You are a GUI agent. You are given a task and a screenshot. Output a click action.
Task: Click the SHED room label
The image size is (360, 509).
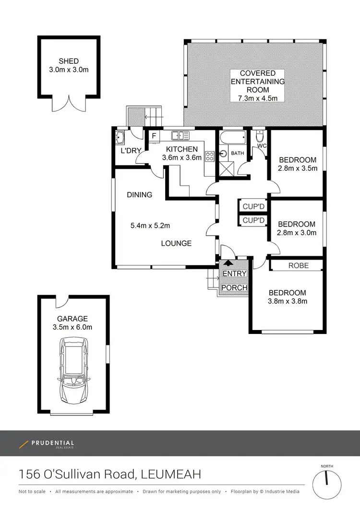click(69, 61)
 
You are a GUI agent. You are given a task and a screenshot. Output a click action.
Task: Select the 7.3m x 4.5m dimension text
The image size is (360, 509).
click(257, 98)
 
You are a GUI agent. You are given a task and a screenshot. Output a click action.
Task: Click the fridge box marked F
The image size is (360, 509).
click(154, 136)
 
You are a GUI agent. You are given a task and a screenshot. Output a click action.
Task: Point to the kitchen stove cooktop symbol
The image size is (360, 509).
click(209, 155)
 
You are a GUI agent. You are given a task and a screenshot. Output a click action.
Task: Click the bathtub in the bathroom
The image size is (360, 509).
click(232, 140)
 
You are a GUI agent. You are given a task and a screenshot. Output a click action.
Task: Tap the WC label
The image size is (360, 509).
click(262, 145)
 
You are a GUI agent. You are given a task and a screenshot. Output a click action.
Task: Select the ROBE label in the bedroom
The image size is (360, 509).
click(298, 265)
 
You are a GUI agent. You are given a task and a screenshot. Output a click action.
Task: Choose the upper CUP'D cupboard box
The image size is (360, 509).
click(253, 207)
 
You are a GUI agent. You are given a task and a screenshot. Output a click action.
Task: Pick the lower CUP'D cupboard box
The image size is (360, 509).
click(253, 221)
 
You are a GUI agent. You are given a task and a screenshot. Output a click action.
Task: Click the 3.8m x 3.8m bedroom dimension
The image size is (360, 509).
click(288, 301)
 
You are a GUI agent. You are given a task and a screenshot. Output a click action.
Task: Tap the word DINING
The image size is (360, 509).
click(140, 195)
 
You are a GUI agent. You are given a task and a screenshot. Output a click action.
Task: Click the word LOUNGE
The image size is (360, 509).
click(176, 243)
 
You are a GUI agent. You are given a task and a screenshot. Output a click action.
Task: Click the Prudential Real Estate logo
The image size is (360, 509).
click(47, 444)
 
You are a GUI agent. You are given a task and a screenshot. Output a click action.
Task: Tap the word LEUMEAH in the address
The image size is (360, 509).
click(170, 474)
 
